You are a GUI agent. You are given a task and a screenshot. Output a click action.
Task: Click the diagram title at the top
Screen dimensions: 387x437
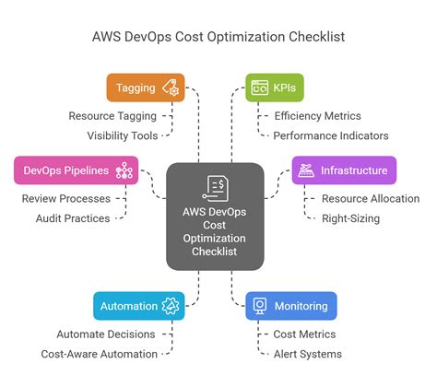218,39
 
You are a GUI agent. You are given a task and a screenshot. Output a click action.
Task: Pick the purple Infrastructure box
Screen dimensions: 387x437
344,170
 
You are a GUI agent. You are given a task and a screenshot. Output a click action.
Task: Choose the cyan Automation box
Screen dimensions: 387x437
138,306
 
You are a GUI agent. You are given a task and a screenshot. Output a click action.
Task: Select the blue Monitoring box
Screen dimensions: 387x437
291,306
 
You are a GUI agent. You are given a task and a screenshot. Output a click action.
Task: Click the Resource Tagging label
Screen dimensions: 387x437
112,116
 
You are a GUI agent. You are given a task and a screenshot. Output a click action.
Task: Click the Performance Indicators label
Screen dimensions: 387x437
331,135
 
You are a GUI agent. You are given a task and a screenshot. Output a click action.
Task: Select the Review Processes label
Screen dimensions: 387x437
65,198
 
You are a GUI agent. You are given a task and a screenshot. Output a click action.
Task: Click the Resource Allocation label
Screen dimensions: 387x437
370,198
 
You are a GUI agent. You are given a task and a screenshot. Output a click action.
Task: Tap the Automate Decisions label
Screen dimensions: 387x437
105,334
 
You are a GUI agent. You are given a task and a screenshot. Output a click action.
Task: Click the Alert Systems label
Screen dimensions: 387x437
308,354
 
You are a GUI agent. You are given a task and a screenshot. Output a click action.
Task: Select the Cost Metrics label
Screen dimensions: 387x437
305,334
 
